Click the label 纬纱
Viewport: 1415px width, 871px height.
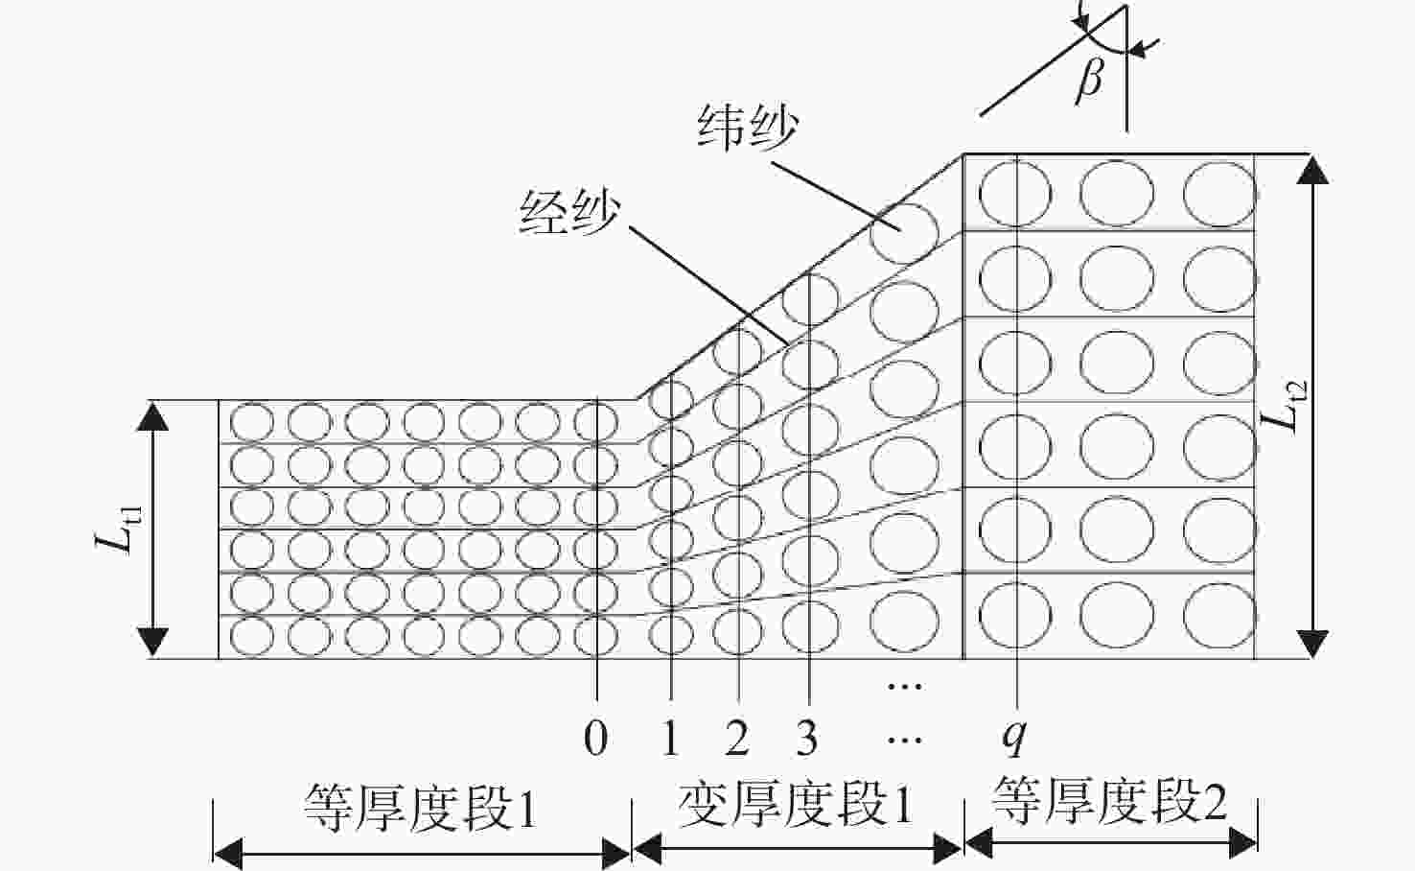pos(748,129)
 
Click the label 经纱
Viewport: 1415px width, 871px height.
pos(569,213)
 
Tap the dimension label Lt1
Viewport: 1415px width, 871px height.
pos(119,530)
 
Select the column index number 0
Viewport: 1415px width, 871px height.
pos(595,739)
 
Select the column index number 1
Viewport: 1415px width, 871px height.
pos(671,739)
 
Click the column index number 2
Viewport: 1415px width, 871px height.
pos(737,739)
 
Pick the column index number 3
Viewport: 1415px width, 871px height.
pos(806,739)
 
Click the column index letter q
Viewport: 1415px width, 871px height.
pos(1014,740)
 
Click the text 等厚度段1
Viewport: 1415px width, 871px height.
pos(420,808)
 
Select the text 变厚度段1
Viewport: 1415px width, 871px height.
pos(796,804)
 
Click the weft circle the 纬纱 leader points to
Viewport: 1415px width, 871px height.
pos(904,232)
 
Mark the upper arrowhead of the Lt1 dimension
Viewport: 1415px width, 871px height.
pos(152,416)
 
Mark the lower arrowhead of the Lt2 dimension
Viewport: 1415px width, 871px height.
pos(1312,644)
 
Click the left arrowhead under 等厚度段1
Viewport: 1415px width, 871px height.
pos(228,855)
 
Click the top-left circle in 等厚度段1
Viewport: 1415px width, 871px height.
pos(252,422)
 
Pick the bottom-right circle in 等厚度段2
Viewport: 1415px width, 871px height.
pos(1219,617)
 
